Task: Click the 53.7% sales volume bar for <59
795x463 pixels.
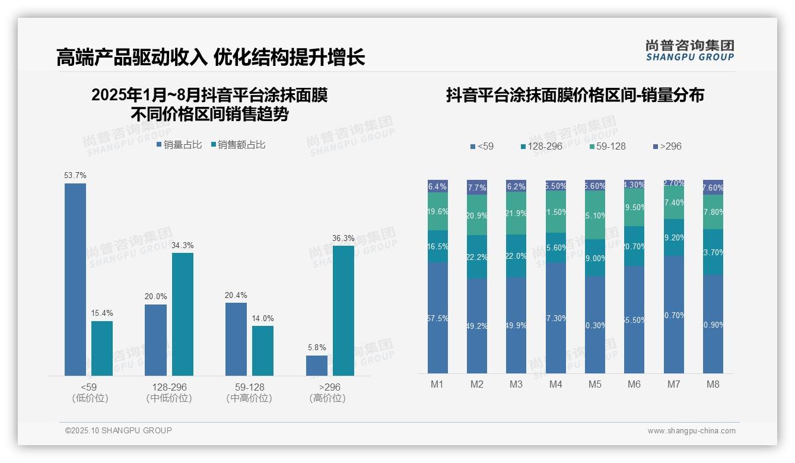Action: click(x=75, y=279)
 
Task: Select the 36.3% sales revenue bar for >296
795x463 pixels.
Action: click(x=344, y=310)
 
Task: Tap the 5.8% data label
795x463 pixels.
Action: click(x=317, y=348)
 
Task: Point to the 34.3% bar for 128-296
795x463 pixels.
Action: click(x=183, y=314)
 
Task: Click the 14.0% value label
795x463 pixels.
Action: click(x=263, y=318)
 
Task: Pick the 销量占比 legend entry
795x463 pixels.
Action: click(x=180, y=144)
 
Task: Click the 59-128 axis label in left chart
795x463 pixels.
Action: click(x=249, y=387)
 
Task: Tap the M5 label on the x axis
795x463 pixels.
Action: click(x=595, y=384)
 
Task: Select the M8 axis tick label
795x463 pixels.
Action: click(x=713, y=384)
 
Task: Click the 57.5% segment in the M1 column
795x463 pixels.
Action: click(x=438, y=318)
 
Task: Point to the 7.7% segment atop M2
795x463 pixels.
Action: click(x=477, y=187)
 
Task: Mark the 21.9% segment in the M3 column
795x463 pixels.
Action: click(x=516, y=213)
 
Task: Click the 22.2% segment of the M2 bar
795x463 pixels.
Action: click(x=477, y=257)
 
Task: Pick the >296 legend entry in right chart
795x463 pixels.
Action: click(x=667, y=146)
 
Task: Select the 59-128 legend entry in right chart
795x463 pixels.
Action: click(x=608, y=146)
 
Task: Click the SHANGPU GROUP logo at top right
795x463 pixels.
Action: click(x=690, y=50)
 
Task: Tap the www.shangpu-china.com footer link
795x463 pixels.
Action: click(x=691, y=431)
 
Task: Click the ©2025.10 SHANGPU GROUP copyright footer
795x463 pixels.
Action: click(x=119, y=430)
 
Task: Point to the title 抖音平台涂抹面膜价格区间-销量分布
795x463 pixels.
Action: click(x=575, y=96)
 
